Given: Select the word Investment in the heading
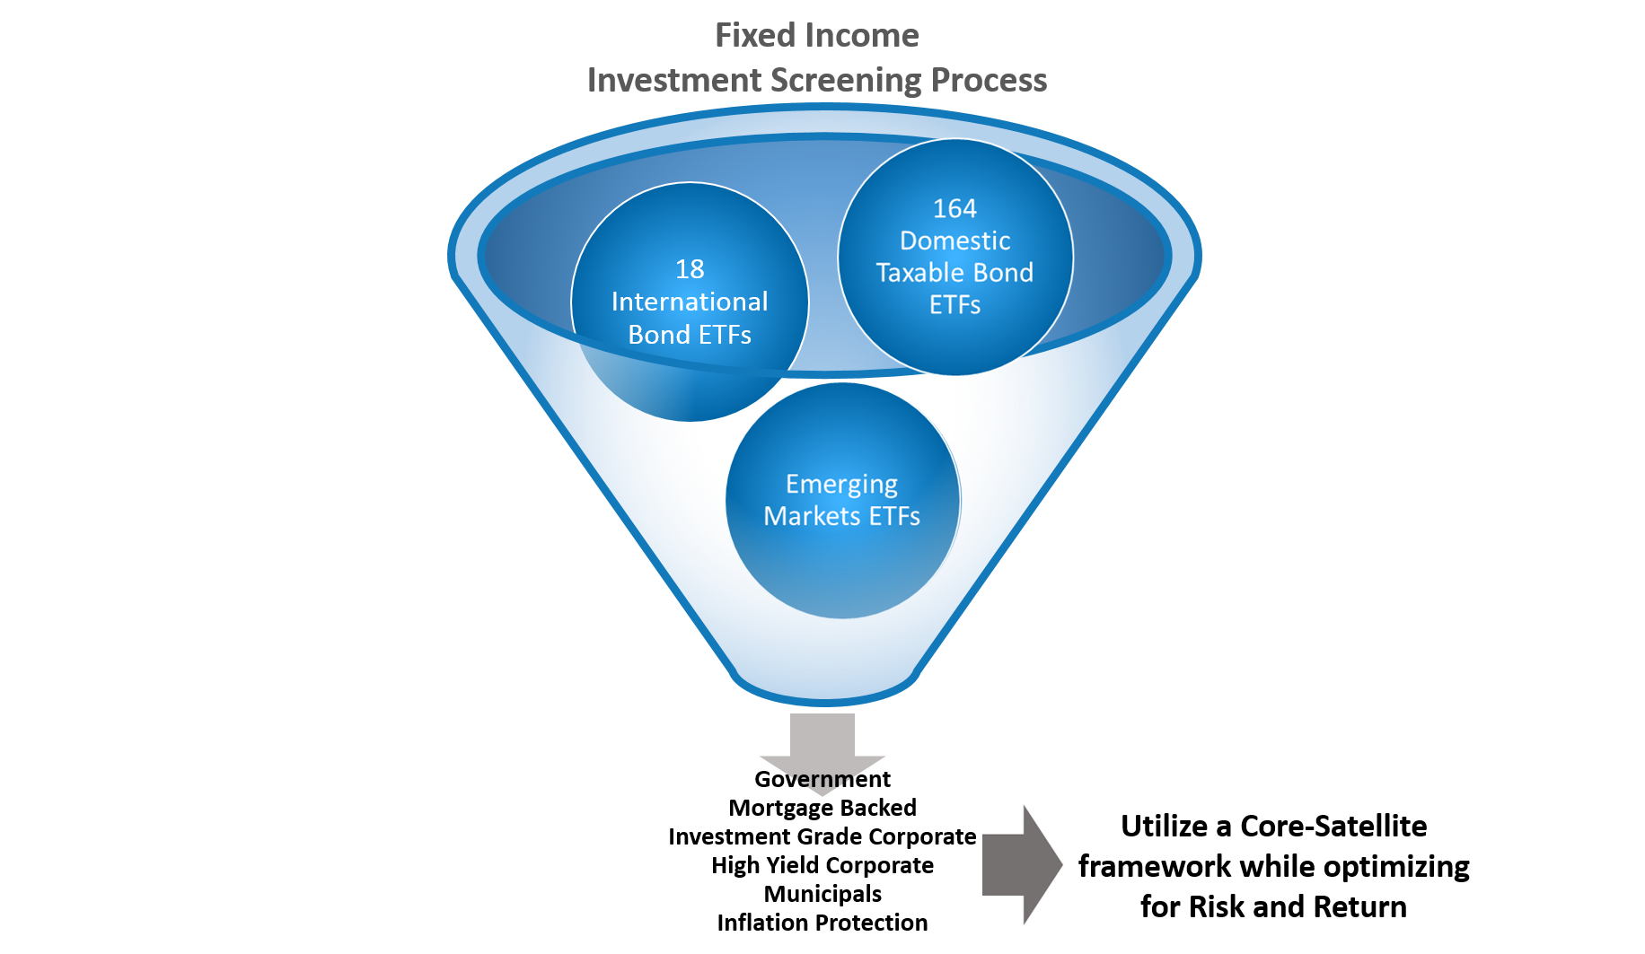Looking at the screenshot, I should (673, 80).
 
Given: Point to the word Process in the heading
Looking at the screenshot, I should (989, 80).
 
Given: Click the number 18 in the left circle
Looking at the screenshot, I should (690, 269).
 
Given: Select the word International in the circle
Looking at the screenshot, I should (690, 302).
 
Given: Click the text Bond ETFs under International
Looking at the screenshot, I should (690, 335).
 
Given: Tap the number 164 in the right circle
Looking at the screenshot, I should (954, 208).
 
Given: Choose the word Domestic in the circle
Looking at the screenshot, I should (954, 241).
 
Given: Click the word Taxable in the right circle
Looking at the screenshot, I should (914, 272).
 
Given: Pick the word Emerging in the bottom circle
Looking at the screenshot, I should (841, 484).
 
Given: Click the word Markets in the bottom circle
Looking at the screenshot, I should (803, 516).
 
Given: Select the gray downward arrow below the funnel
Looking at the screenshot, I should (822, 740).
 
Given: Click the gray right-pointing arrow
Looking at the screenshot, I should (1022, 864).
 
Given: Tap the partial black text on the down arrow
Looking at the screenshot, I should (822, 779).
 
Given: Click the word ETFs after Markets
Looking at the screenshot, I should (894, 516).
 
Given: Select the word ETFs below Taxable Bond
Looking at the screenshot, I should (954, 305).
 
